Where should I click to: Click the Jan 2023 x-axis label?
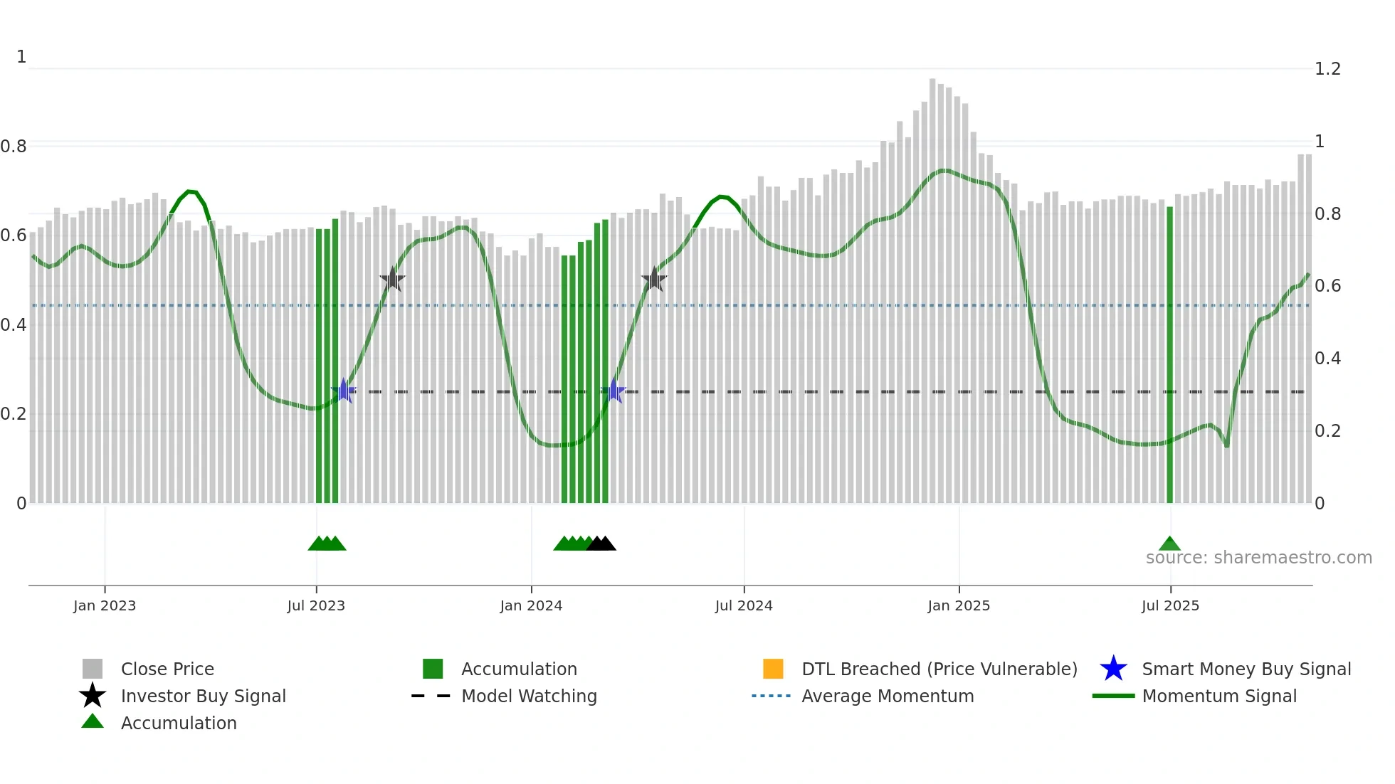(x=104, y=605)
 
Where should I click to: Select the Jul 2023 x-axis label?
(x=316, y=605)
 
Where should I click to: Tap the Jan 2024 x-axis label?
(x=531, y=605)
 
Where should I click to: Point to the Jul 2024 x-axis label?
(x=744, y=605)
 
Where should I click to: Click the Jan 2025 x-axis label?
(x=959, y=605)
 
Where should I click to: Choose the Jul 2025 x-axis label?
(x=1170, y=605)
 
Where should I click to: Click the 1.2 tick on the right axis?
(x=1327, y=69)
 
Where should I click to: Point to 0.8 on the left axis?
(x=14, y=147)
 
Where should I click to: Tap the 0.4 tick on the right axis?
(x=1327, y=359)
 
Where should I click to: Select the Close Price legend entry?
(x=167, y=669)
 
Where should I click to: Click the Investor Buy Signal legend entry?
(x=203, y=696)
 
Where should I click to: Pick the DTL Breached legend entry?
(x=939, y=669)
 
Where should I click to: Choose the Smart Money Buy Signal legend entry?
(x=1246, y=669)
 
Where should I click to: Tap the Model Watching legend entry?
(x=529, y=696)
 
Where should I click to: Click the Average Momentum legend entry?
(x=887, y=696)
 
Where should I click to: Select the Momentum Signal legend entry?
(x=1218, y=696)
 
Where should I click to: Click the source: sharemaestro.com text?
(x=1258, y=558)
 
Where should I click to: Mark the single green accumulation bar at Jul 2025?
(x=1169, y=356)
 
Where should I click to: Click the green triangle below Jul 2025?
(x=1169, y=544)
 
